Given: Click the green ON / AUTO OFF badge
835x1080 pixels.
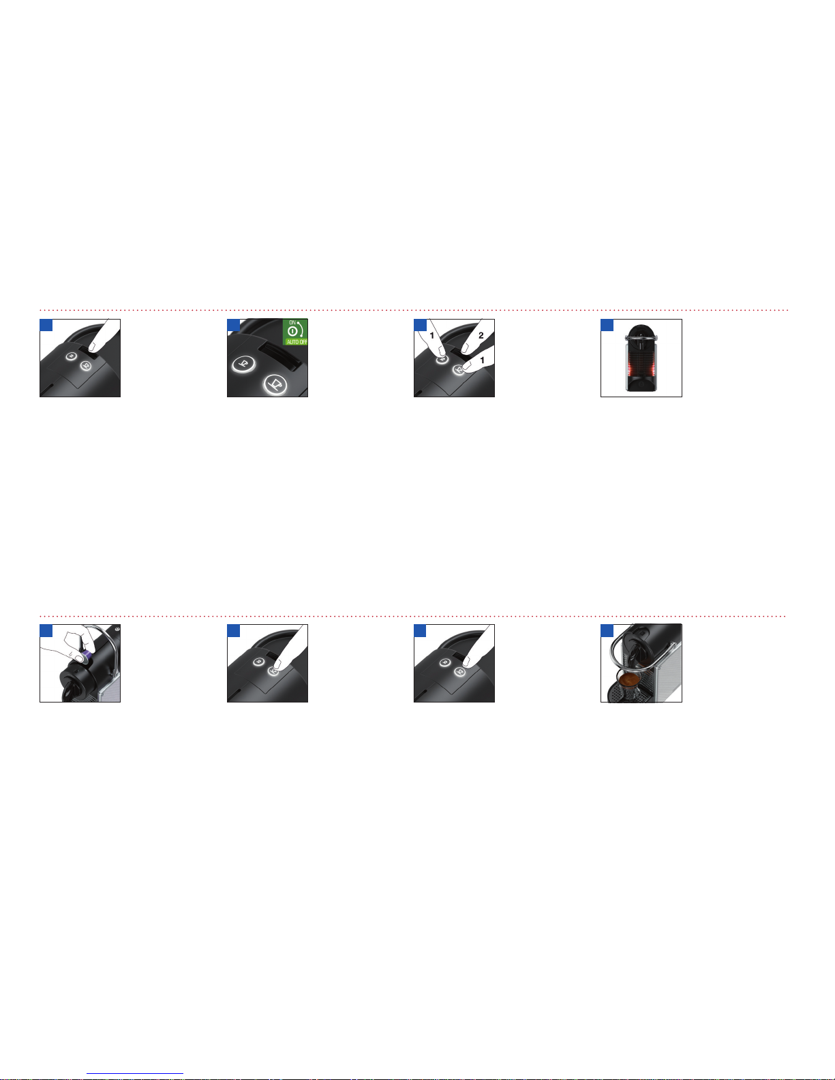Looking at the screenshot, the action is pos(295,331).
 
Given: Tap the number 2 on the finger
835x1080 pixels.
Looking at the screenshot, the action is pos(481,335).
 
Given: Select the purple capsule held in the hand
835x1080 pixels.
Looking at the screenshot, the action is pos(87,658).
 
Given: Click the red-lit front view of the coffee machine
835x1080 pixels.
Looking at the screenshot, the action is pos(641,358).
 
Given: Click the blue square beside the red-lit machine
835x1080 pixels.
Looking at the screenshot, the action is pos(607,325).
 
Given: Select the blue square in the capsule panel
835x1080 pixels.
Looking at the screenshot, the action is pos(46,630).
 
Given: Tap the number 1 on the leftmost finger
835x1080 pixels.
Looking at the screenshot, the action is pos(431,335).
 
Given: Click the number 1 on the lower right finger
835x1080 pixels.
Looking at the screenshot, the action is pos(482,360).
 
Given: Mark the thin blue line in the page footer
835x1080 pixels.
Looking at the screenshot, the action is pos(135,1074).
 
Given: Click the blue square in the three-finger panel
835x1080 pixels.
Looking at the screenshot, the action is pos(420,325).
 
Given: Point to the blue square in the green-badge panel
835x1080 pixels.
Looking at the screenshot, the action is pos(233,325).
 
